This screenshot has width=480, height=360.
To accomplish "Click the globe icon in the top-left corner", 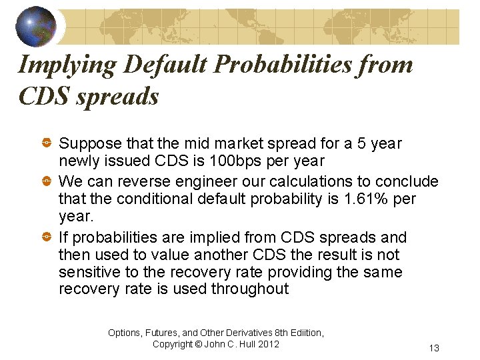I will click(36, 26).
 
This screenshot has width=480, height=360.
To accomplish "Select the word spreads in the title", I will click(118, 97).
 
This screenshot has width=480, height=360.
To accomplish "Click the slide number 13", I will click(434, 348).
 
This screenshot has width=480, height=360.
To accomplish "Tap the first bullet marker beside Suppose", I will click(48, 143).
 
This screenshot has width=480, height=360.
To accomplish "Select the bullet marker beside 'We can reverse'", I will click(48, 181).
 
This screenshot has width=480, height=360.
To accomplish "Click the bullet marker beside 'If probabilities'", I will click(48, 237).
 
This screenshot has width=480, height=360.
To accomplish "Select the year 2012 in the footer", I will click(268, 344).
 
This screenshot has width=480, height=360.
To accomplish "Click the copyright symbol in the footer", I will click(199, 344).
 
